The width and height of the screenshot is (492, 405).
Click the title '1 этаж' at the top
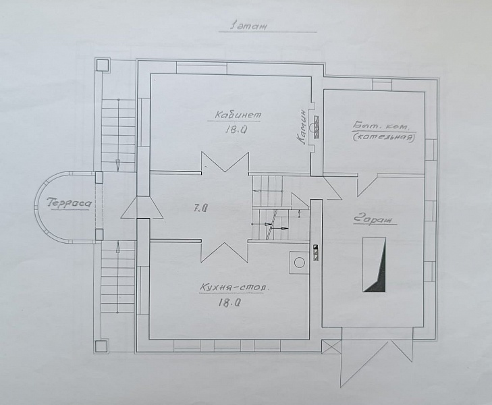(249, 26)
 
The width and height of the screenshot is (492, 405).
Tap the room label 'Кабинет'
(238, 115)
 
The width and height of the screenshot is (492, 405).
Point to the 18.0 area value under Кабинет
(235, 130)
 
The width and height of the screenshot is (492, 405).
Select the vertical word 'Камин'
(302, 127)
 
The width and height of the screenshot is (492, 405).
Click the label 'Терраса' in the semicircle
(70, 204)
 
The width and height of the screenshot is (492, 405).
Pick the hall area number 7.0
(200, 208)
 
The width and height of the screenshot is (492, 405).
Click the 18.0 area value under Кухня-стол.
(229, 302)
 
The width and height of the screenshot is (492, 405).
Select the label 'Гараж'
(373, 219)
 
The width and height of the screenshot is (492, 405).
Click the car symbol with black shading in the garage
(374, 265)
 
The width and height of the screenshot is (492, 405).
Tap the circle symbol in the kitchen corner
(299, 263)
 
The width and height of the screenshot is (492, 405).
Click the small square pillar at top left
(102, 65)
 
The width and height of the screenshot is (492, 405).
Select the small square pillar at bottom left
(101, 347)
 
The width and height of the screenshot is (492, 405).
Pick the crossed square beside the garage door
(331, 348)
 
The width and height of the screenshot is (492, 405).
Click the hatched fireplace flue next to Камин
(317, 127)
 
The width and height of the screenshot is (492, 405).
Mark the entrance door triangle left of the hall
(142, 207)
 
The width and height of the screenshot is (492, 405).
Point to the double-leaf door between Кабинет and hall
(225, 162)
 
